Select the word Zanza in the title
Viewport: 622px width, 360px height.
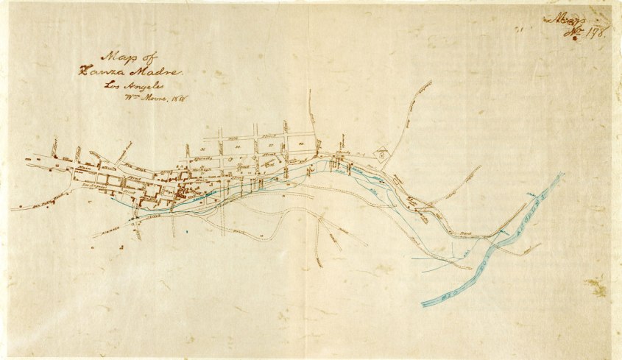point(100,71)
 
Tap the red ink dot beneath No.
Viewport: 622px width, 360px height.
point(575,38)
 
